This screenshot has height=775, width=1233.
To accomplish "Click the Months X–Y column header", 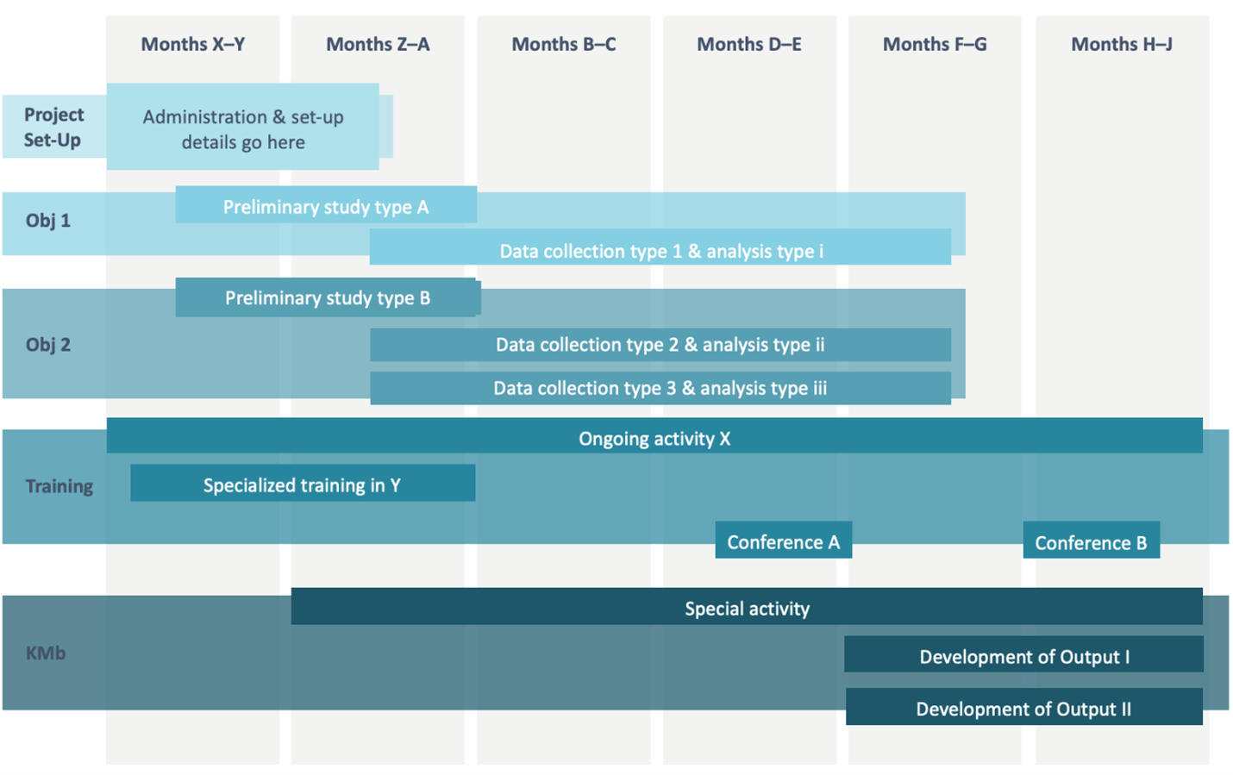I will coord(193,44).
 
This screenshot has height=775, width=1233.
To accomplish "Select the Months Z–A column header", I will coord(378,44).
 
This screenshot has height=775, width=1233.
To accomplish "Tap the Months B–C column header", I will coord(564,44).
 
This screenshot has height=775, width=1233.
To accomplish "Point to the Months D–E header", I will coord(749,44).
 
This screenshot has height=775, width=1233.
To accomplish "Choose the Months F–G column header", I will coord(935,44).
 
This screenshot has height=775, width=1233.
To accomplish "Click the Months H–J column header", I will coord(1122,44).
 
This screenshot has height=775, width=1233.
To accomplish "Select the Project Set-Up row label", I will coord(53,127).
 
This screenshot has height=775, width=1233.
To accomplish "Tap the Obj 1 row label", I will coord(48,221).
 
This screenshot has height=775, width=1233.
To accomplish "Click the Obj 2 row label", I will coord(48,345).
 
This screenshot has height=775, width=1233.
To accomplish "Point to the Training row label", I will coord(59,486).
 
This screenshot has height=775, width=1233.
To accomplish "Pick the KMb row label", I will coord(46,653).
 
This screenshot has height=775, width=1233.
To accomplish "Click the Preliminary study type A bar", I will coord(326,206).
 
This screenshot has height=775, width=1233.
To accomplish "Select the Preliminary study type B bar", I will coord(327,297).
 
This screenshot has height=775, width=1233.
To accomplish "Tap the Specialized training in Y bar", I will coord(302,484).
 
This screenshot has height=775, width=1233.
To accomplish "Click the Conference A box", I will coord(783,541).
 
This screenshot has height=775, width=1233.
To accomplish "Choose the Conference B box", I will coord(1091,542).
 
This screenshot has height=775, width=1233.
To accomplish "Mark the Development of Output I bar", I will coord(1023,656).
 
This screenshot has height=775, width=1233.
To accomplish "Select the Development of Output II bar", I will coord(1023,708).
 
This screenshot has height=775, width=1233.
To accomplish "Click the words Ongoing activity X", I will coord(654,439).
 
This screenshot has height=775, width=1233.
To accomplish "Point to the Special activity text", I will coord(747,609).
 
